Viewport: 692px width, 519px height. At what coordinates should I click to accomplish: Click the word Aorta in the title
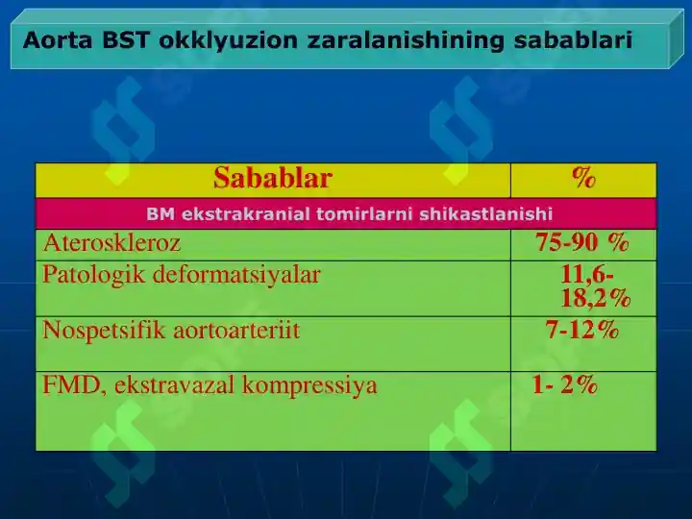[58, 40]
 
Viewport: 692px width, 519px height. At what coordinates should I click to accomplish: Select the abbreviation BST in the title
[126, 40]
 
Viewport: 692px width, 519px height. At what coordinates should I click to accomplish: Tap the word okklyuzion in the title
[229, 40]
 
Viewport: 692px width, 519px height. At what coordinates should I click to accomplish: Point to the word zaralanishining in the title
[406, 40]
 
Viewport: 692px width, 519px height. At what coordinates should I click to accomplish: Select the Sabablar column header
[272, 178]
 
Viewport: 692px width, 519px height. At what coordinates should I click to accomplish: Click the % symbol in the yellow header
[583, 178]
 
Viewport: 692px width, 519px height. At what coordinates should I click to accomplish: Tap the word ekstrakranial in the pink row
[246, 214]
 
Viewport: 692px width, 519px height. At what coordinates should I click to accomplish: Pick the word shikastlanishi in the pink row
[486, 214]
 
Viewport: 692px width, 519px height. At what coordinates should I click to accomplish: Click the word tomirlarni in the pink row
[364, 214]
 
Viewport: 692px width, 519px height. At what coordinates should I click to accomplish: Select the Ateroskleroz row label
[112, 243]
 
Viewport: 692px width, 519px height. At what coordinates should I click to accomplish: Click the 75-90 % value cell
[582, 242]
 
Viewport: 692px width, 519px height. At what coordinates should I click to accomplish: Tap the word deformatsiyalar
[236, 275]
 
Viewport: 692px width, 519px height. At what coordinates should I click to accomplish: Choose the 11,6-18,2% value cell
[595, 286]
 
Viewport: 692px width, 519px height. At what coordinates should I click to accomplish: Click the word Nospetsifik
[103, 330]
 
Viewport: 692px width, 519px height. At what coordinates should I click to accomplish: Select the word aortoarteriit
[236, 330]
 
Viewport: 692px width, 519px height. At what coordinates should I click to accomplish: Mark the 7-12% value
[582, 330]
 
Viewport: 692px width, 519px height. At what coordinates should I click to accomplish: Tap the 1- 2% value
[565, 383]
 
